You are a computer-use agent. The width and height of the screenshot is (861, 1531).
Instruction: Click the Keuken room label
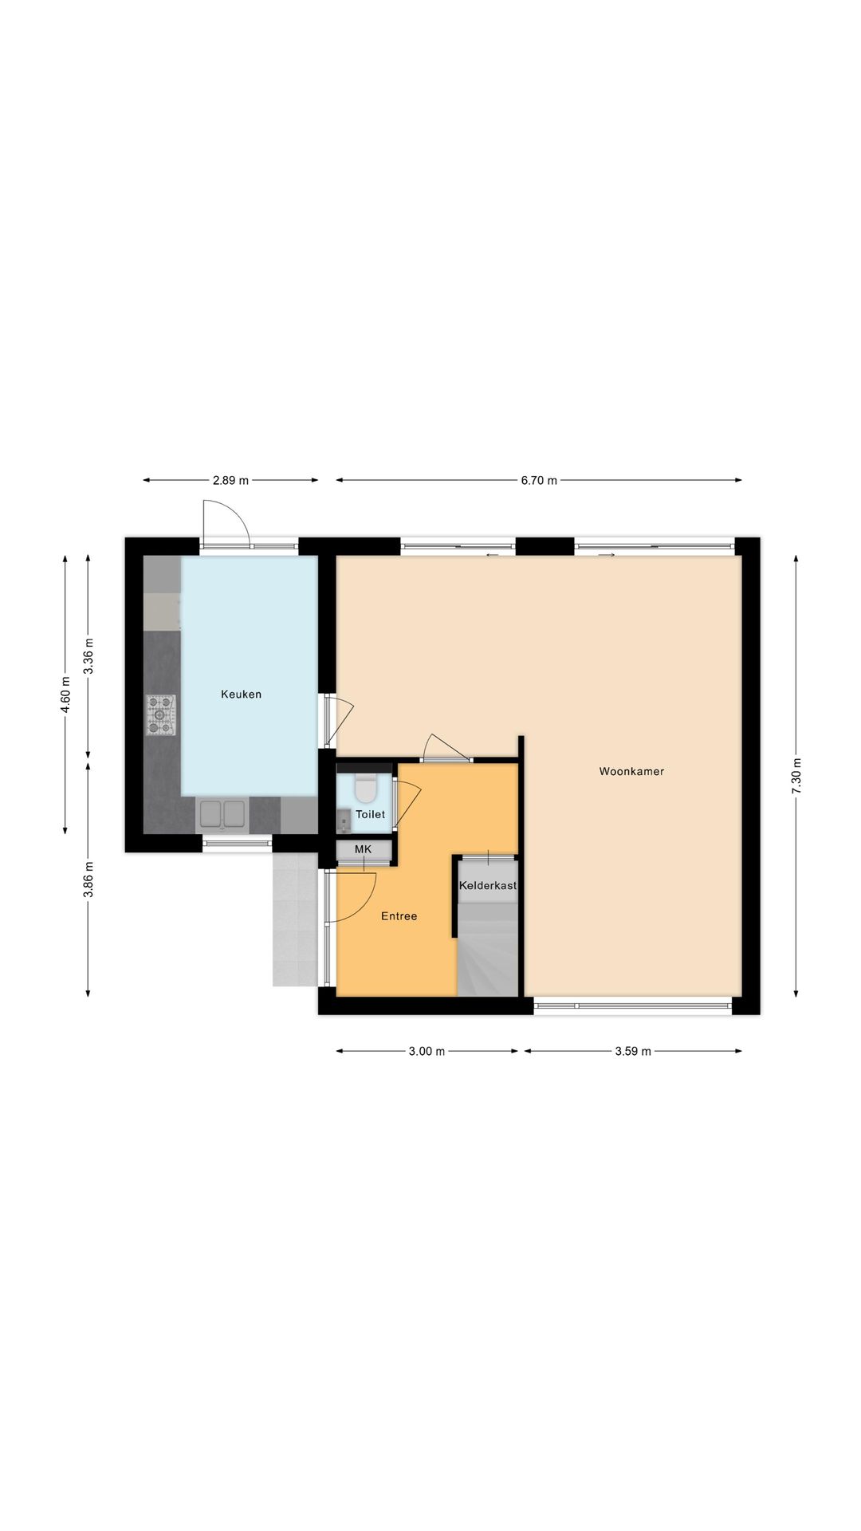point(241,695)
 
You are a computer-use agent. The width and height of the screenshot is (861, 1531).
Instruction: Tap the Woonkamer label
point(631,772)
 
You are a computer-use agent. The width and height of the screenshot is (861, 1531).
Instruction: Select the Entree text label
point(399,916)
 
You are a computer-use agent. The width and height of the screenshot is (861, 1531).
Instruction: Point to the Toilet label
point(370,814)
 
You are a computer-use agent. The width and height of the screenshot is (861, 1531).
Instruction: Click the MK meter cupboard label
point(364,849)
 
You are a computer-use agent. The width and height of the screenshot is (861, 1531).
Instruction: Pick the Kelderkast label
point(488,885)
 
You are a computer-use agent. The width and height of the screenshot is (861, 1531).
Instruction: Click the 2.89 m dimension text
point(230,481)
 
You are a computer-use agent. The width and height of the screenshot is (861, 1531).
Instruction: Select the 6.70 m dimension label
point(539,481)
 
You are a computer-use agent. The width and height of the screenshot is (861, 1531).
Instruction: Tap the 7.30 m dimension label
point(796,775)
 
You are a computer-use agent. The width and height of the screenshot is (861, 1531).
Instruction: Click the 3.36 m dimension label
point(88,656)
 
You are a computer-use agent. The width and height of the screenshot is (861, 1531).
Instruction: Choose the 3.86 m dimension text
point(88,880)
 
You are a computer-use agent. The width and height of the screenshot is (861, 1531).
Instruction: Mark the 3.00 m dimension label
point(427,1052)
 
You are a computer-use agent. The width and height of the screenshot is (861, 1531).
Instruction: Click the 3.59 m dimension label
point(633,1052)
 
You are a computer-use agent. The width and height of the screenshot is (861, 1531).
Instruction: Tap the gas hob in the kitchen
point(160,715)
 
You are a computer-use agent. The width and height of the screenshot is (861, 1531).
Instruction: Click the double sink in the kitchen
point(222,815)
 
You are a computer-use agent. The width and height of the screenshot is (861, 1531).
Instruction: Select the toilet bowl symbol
point(366,788)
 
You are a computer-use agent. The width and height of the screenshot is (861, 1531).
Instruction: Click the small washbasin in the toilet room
point(344,819)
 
